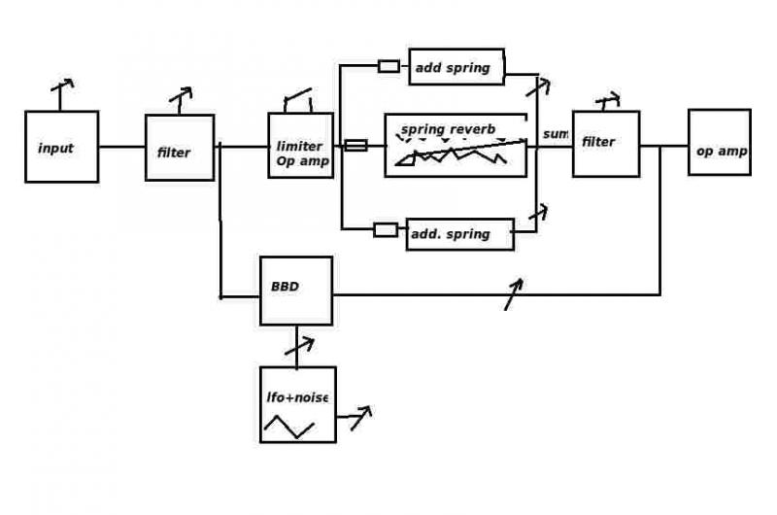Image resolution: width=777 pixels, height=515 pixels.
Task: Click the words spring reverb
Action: tap(448, 129)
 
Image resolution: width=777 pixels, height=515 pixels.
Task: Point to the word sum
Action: tap(555, 134)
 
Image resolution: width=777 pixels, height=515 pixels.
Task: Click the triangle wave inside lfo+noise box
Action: tap(288, 427)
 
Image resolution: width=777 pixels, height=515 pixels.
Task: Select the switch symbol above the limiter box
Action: tap(298, 99)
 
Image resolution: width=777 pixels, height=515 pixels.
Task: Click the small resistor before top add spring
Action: tap(389, 66)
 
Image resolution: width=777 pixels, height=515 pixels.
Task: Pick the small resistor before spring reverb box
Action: tap(355, 145)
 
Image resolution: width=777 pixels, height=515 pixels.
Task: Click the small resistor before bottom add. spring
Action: tap(386, 230)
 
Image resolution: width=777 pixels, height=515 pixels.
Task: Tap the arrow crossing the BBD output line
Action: tap(514, 294)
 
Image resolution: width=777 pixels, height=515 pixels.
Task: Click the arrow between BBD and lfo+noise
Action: tap(300, 346)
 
